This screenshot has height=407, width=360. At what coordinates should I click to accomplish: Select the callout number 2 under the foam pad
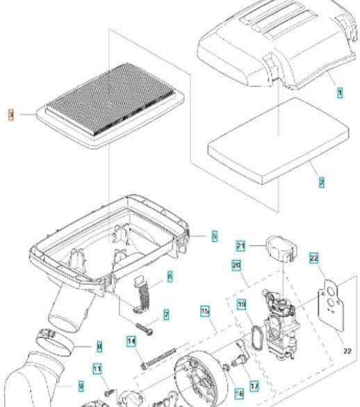tap(322, 183)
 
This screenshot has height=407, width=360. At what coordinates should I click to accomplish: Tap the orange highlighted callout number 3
tap(10, 113)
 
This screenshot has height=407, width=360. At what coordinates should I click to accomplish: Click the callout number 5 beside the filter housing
tap(215, 237)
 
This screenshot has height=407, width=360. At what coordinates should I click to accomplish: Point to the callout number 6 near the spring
tap(170, 276)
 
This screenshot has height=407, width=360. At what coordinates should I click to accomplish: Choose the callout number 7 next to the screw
tap(167, 315)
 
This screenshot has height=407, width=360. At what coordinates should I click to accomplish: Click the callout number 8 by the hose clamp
tap(99, 344)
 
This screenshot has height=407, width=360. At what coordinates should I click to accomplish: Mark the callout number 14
tap(130, 341)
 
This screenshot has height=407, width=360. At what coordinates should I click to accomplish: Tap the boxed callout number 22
tap(314, 258)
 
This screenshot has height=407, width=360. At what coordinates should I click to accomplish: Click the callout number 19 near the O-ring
tap(241, 304)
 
